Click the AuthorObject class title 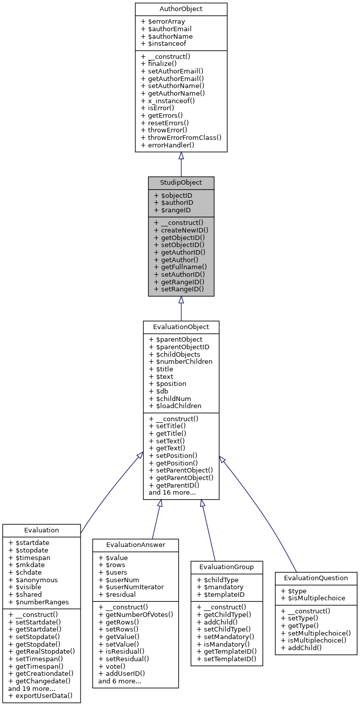[181, 9]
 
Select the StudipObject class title [181, 183]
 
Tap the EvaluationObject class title [181, 327]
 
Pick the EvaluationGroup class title [227, 567]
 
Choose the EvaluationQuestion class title [316, 578]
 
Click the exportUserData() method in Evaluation [40, 696]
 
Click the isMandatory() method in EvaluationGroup [223, 644]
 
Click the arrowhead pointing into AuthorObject [181, 155]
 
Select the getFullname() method [180, 267]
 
